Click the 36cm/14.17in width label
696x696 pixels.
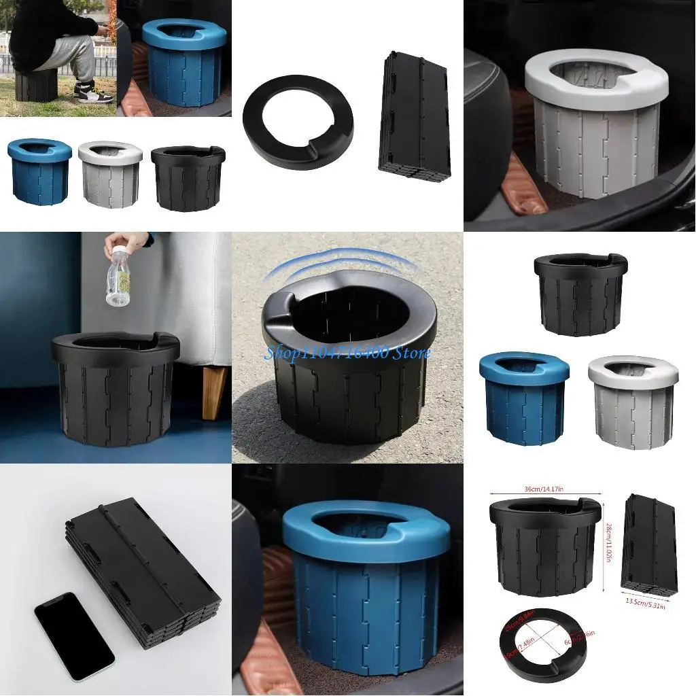click(x=545, y=487)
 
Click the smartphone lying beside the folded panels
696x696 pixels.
click(x=73, y=636)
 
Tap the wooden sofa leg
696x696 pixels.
click(x=214, y=393)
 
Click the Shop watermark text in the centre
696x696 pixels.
click(x=347, y=353)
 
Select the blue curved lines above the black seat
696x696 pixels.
click(x=333, y=266)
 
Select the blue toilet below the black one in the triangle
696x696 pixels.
click(x=523, y=398)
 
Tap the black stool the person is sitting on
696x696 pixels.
click(x=35, y=85)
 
